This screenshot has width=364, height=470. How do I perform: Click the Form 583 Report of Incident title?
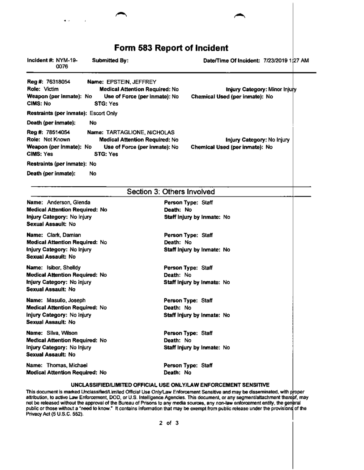(x=171, y=47)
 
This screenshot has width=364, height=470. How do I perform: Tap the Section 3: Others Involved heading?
(x=170, y=192)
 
